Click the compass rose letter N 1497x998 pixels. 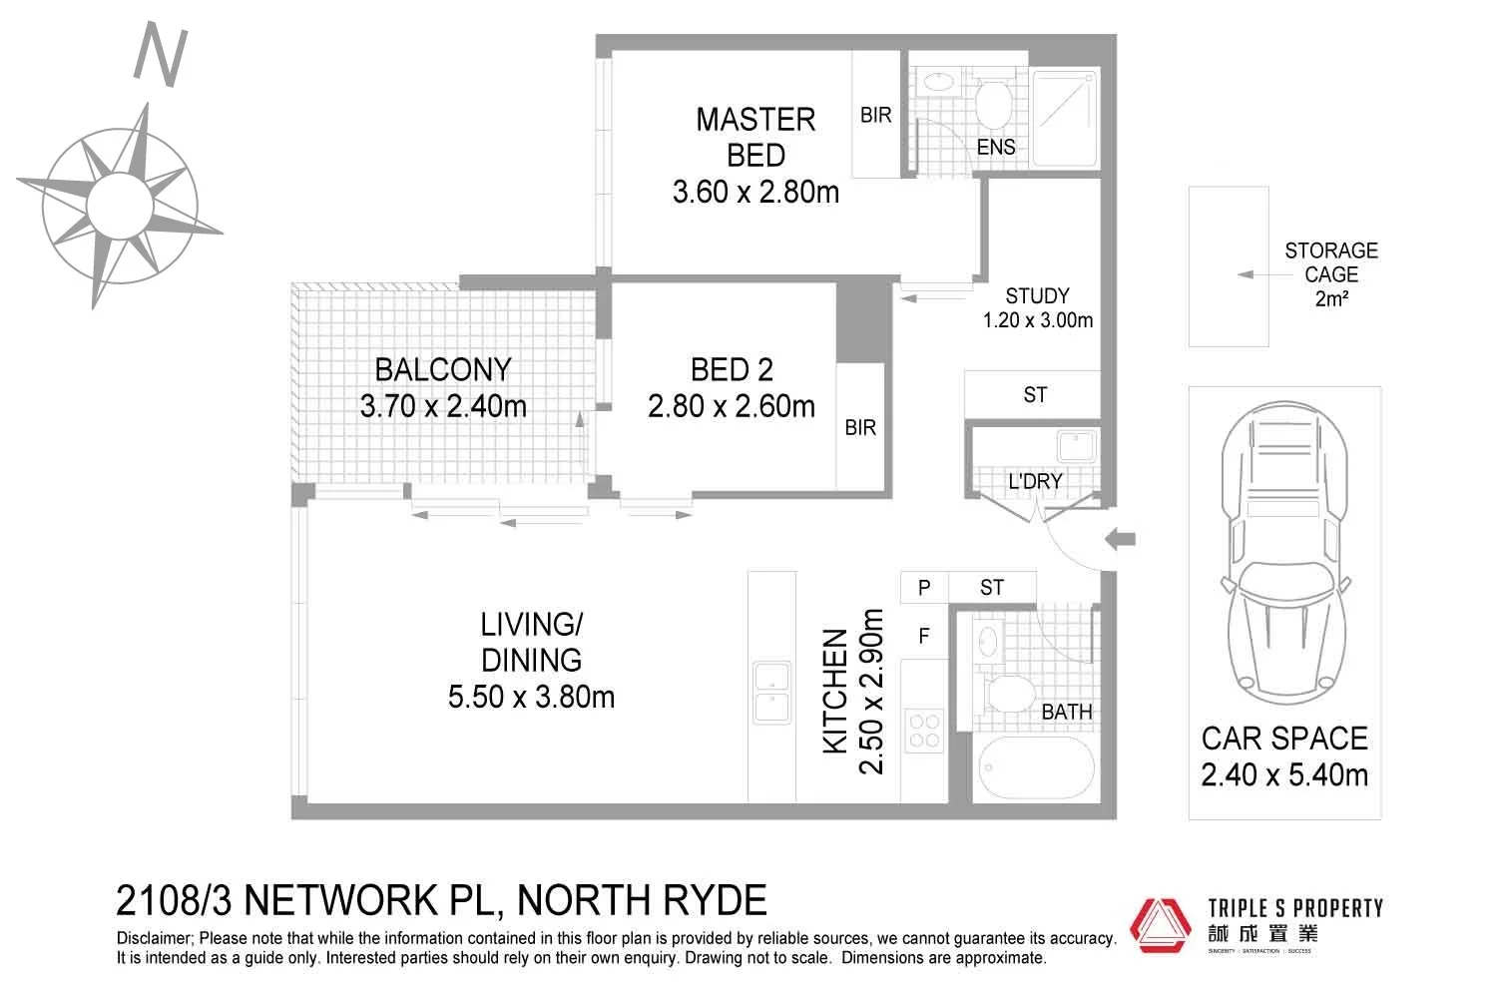click(x=161, y=56)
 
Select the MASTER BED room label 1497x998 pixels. click(x=755, y=137)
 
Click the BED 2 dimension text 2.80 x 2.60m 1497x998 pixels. click(x=731, y=406)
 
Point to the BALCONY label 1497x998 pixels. click(x=442, y=370)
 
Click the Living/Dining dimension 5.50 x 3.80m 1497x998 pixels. click(x=531, y=696)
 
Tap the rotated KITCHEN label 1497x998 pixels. click(x=835, y=691)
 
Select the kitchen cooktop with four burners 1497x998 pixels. click(x=923, y=729)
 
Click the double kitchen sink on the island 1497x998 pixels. click(x=771, y=691)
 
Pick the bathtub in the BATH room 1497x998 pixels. click(x=1036, y=768)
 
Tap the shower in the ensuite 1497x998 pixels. click(x=1065, y=118)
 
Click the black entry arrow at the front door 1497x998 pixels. click(x=1121, y=540)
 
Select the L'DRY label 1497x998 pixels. click(x=1035, y=481)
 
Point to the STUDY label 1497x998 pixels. click(x=1037, y=296)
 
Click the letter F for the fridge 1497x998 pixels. click(x=924, y=636)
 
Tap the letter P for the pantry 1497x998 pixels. click(x=924, y=588)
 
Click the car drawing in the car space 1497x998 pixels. click(x=1284, y=554)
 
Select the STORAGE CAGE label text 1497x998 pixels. click(x=1330, y=262)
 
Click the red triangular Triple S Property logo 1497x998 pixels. click(x=1161, y=925)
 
